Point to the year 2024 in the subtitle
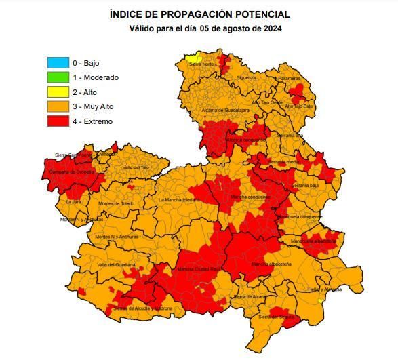coord(271,28)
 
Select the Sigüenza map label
coord(246,77)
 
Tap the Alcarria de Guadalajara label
coord(226,109)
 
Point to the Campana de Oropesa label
coord(69,172)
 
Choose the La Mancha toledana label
coord(179,200)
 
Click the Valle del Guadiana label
coord(116,264)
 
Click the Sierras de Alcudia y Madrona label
coord(142,308)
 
